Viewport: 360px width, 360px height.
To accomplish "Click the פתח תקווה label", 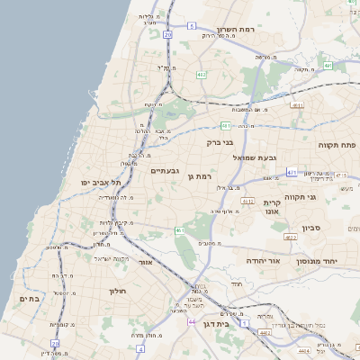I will click(337, 144).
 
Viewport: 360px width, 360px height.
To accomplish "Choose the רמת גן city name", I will click(199, 176).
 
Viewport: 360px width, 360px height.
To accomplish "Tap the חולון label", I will click(119, 291).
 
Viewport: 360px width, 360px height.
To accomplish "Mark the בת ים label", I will click(28, 299).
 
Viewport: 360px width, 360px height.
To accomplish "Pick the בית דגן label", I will click(236, 322).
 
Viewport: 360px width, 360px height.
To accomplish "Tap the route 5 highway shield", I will click(192, 27).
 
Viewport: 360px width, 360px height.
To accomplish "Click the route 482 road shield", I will click(202, 75).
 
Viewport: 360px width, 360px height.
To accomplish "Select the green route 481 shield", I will click(225, 125).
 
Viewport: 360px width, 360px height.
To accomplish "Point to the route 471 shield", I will click(292, 171).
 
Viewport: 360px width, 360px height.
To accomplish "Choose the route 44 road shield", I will click(191, 321).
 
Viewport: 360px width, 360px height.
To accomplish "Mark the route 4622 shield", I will click(290, 238).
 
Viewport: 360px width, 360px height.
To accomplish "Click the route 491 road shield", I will click(328, 66).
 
